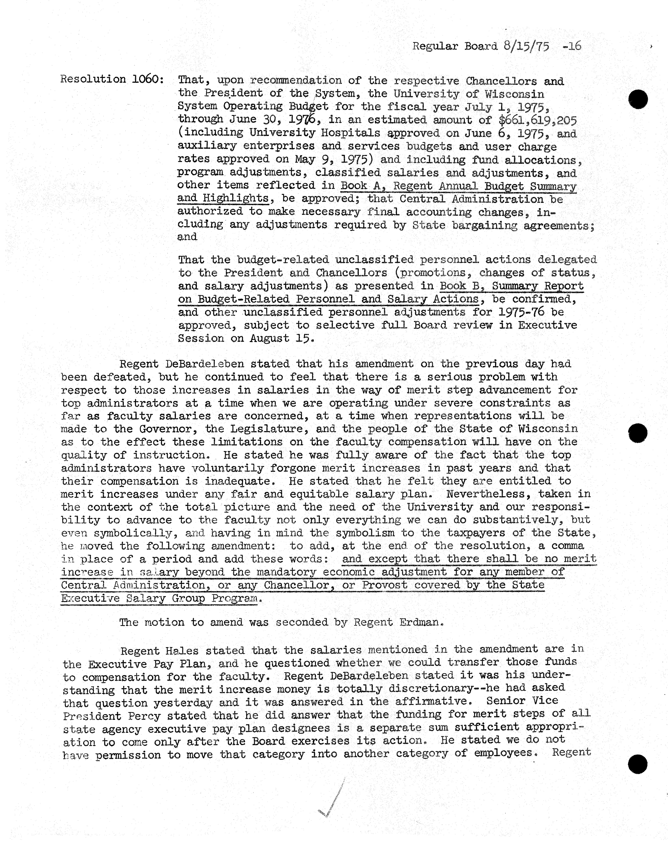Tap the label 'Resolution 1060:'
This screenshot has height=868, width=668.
[112, 79]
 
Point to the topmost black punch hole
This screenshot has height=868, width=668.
[638, 99]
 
